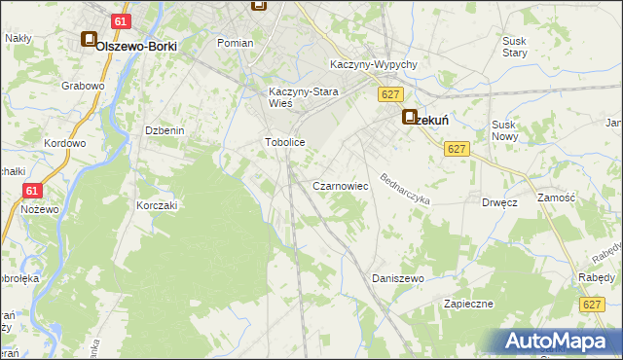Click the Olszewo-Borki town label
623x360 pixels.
pyautogui.click(x=135, y=45)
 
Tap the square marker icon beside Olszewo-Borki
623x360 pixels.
pyautogui.click(x=89, y=41)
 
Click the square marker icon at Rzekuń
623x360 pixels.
pyautogui.click(x=410, y=116)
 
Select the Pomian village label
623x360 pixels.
pyautogui.click(x=236, y=43)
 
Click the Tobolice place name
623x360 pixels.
pyautogui.click(x=285, y=142)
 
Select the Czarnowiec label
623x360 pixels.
pyautogui.click(x=339, y=185)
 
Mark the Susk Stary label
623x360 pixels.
pyautogui.click(x=514, y=48)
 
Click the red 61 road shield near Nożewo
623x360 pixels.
pyautogui.click(x=32, y=192)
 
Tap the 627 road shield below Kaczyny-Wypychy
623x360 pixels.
pyautogui.click(x=390, y=94)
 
